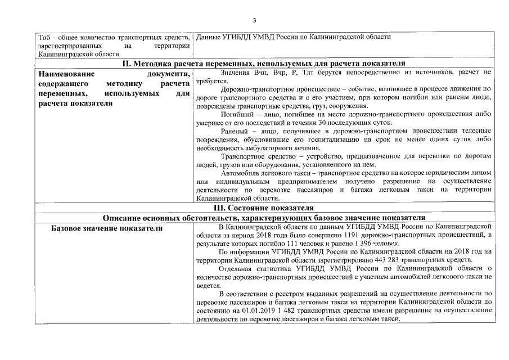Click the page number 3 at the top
coord(254,21)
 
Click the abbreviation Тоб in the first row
coord(44,37)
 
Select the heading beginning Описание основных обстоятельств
coord(264,218)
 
